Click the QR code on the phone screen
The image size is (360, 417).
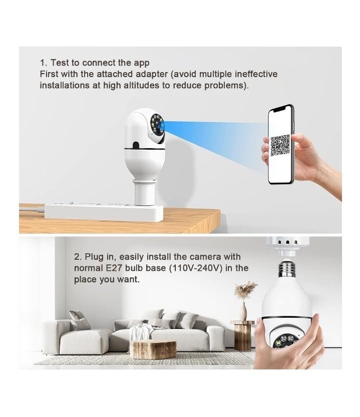(x=280, y=145)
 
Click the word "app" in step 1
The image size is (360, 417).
(x=141, y=63)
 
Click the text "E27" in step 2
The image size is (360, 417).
(x=114, y=268)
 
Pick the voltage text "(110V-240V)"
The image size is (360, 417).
(x=196, y=268)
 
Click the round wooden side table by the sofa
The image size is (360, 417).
(x=242, y=335)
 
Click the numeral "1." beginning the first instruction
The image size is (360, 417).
(x=44, y=63)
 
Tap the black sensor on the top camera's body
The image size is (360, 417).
(x=136, y=145)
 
